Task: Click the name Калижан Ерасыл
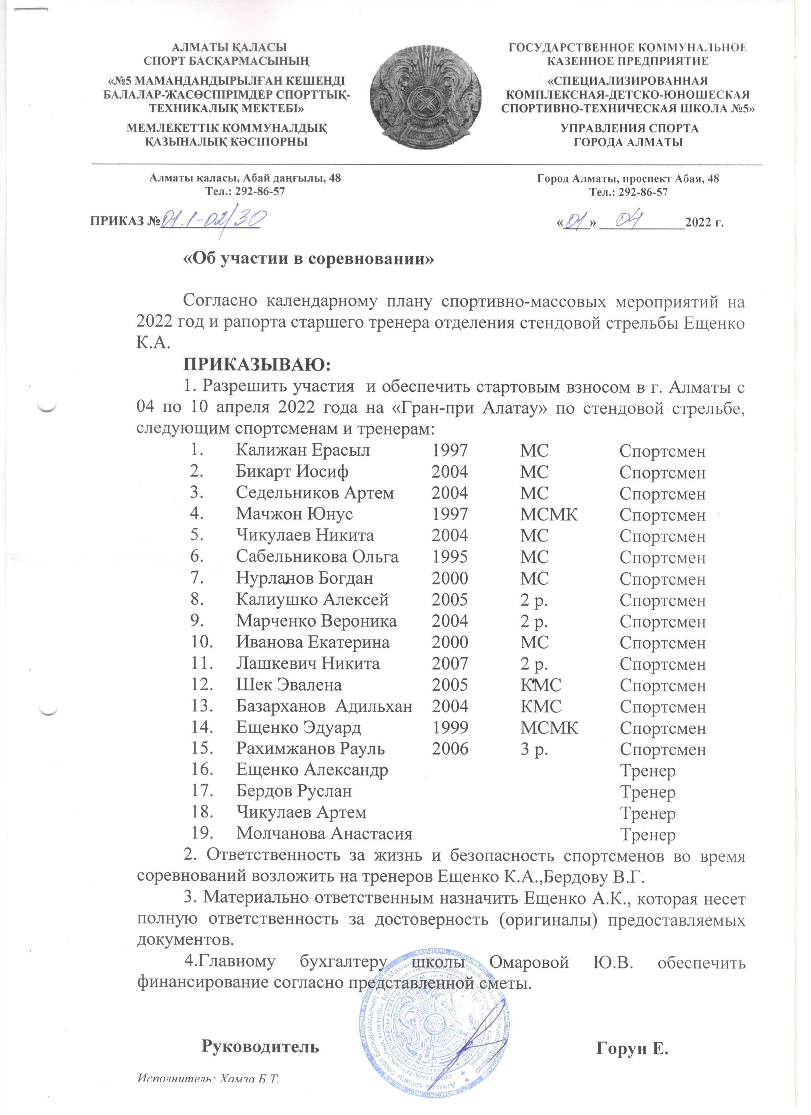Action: [303, 450]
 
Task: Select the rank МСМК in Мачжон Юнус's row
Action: [549, 514]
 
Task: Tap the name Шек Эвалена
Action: [289, 684]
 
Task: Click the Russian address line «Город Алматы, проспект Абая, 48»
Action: [628, 178]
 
